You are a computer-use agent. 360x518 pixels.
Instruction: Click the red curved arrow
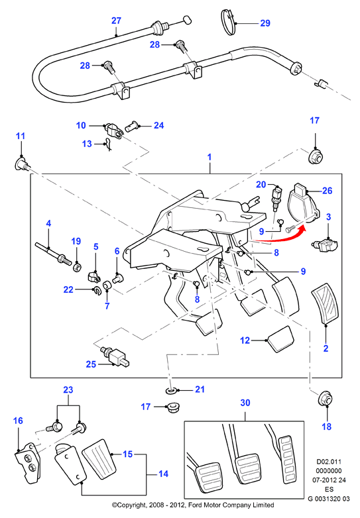[281, 237]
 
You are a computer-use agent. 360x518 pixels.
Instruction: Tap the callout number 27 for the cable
[116, 21]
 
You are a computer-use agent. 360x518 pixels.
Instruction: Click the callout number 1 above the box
[210, 156]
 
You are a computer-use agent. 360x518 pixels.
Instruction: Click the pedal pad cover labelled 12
[280, 339]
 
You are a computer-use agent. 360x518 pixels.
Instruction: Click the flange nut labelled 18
[325, 399]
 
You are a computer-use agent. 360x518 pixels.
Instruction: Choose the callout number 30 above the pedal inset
[245, 403]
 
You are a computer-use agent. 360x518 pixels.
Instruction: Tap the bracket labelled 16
[27, 463]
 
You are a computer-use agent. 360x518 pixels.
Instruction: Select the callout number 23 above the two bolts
[68, 389]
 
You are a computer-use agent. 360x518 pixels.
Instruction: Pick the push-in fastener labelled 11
[21, 164]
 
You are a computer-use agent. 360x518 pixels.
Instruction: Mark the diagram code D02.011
[329, 462]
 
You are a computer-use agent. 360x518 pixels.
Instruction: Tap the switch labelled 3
[326, 245]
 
